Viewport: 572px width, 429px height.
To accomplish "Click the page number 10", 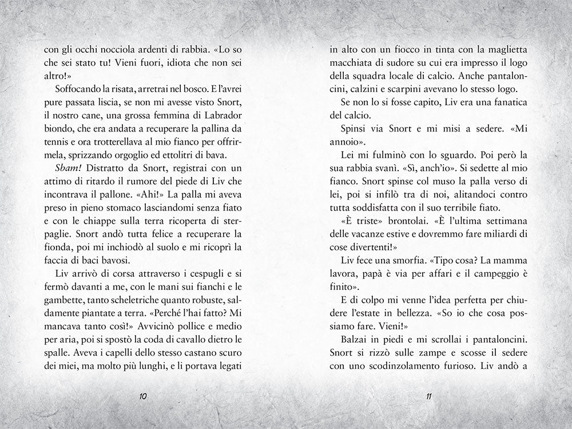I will [x=144, y=396].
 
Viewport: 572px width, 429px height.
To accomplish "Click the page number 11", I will [x=428, y=396].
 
